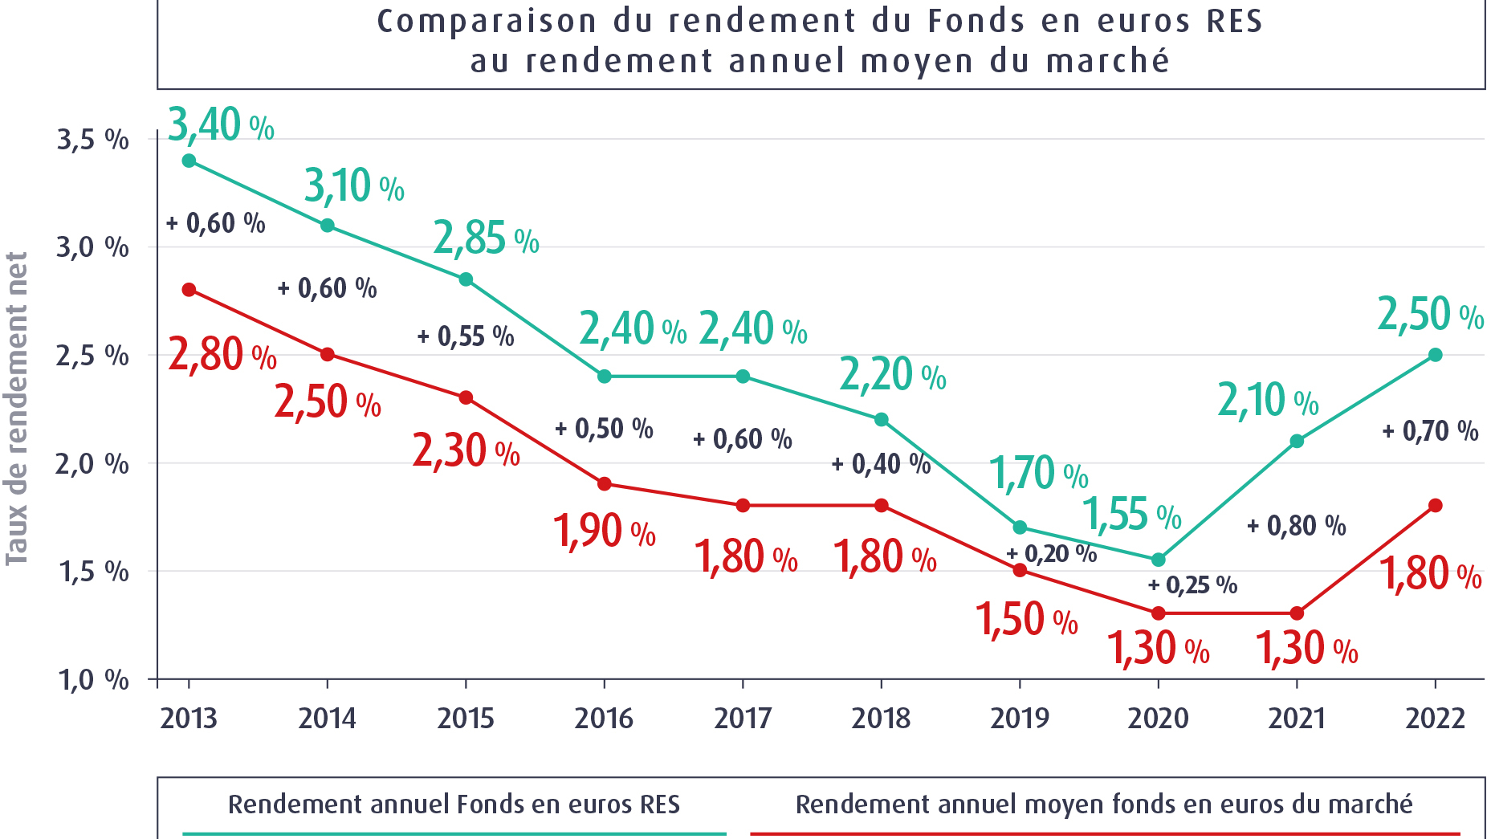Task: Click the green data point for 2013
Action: click(x=189, y=161)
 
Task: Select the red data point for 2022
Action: click(x=1436, y=506)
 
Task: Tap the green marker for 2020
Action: click(x=1158, y=560)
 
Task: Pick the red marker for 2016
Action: click(x=605, y=484)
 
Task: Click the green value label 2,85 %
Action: click(x=486, y=238)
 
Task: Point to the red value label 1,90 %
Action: click(x=604, y=532)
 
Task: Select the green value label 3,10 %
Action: click(x=354, y=186)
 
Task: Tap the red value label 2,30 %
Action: click(x=466, y=450)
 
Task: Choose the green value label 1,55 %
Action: click(x=1132, y=515)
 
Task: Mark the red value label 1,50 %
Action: click(x=1026, y=620)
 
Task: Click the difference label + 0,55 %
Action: click(x=466, y=336)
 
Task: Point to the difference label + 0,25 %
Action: click(x=1192, y=585)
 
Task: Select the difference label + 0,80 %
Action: click(x=1296, y=527)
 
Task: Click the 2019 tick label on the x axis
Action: click(x=1020, y=718)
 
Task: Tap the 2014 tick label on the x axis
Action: click(x=327, y=718)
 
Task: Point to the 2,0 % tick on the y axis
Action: click(x=92, y=464)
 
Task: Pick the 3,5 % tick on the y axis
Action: click(x=92, y=140)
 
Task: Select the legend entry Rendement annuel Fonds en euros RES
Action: click(x=454, y=804)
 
